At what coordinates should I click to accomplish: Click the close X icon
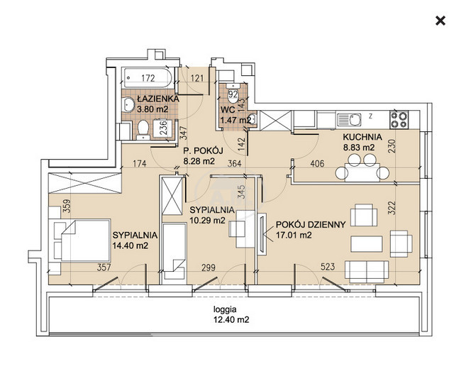point(440,21)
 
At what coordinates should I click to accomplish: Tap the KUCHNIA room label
point(362,137)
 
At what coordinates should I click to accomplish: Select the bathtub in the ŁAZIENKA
point(148,78)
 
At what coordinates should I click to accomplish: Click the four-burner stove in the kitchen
point(399,120)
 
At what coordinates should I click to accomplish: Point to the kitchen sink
point(349,120)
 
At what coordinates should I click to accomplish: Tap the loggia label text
point(225,309)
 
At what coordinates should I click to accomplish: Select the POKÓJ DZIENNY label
point(311,225)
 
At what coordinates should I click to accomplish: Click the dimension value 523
point(328,267)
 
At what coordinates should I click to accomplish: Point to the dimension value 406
point(317,163)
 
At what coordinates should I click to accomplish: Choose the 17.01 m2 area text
point(294,236)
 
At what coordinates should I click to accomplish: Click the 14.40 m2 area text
point(130,246)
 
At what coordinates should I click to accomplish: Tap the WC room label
point(228,110)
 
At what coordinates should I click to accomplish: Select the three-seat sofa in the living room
point(367,272)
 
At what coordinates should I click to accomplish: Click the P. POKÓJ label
point(203,151)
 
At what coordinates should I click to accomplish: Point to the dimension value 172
point(148,78)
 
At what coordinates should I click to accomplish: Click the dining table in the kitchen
point(362,172)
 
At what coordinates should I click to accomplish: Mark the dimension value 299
point(208,268)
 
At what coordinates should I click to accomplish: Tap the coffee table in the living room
point(367,244)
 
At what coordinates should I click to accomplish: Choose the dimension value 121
point(197,78)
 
